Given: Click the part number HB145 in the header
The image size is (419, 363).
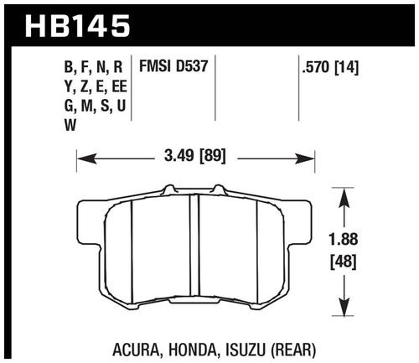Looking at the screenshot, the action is pyautogui.click(x=78, y=26).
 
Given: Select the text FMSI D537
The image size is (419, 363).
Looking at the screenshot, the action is pyautogui.click(x=173, y=66).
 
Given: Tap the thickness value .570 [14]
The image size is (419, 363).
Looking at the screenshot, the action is pyautogui.click(x=330, y=68).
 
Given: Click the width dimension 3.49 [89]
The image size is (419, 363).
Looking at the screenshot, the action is pyautogui.click(x=194, y=156).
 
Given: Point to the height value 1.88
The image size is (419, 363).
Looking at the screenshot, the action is pyautogui.click(x=344, y=239).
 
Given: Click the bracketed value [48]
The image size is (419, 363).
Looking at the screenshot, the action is pyautogui.click(x=344, y=262).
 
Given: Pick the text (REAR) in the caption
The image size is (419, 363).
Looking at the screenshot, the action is pyautogui.click(x=294, y=350).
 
